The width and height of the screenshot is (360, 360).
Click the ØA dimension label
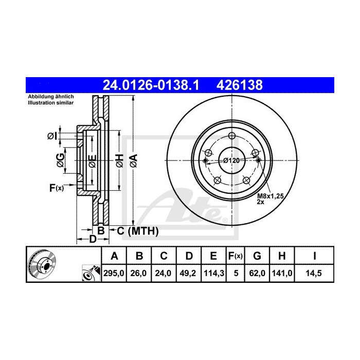click(134, 160)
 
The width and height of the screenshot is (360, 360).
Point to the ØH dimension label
click(119, 160)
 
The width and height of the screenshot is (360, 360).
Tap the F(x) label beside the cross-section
click(56, 188)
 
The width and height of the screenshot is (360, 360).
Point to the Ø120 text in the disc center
click(231, 160)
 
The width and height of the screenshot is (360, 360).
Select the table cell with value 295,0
click(115, 274)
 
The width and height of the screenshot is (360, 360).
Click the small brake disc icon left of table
click(41, 263)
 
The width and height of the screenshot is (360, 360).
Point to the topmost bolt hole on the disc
click(231, 136)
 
